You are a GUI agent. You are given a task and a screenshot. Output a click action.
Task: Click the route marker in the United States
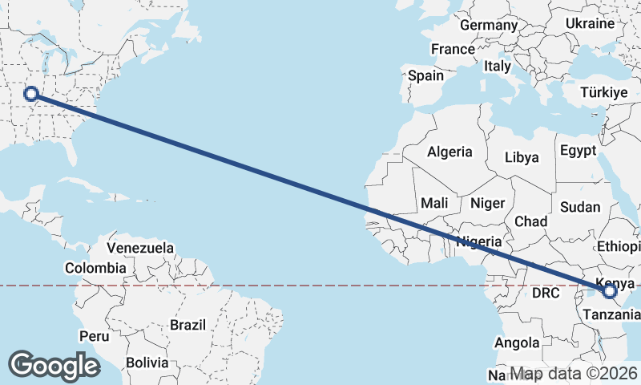[x=31, y=94]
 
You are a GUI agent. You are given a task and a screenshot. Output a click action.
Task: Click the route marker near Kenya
[x=609, y=291]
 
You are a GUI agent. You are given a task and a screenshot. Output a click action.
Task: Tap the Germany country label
[x=489, y=26]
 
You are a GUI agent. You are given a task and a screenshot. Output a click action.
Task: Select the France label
[x=453, y=49]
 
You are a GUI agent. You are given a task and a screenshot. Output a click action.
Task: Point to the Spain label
[x=425, y=75]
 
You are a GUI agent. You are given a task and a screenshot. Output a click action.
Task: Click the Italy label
[x=497, y=67]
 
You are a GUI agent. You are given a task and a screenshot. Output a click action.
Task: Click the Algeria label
[x=450, y=152]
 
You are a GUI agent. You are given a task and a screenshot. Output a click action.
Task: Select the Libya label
[x=522, y=157]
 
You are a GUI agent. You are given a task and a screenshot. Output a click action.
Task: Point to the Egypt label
[x=578, y=151]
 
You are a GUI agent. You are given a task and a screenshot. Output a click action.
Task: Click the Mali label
[x=434, y=203]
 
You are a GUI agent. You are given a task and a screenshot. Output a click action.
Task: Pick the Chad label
[x=531, y=221]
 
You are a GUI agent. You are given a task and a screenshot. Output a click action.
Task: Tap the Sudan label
[x=580, y=207]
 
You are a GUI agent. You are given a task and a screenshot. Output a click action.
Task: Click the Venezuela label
[x=140, y=248]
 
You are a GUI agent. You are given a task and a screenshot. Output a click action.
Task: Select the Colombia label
[x=95, y=268]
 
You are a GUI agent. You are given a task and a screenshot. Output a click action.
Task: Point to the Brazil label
[x=189, y=326]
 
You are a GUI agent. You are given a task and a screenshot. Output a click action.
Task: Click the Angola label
[x=517, y=343]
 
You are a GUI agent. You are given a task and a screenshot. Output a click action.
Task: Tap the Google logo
[x=54, y=365]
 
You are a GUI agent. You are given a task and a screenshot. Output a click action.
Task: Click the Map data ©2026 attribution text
[x=574, y=374]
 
